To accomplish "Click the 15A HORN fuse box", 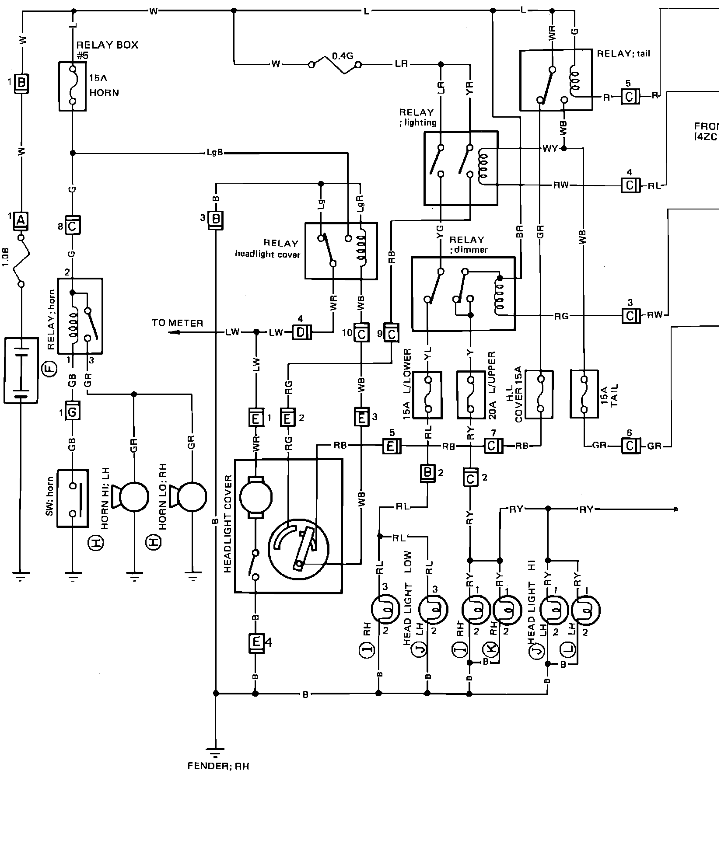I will pyautogui.click(x=72, y=86).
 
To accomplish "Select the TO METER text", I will pyautogui.click(x=177, y=323).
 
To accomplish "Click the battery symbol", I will pyautogui.click(x=20, y=370).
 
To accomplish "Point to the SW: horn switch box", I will pyautogui.click(x=73, y=499).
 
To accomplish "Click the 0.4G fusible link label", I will pyautogui.click(x=343, y=56).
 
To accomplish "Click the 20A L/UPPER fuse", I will pyautogui.click(x=470, y=394).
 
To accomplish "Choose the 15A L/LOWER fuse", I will pyautogui.click(x=427, y=394).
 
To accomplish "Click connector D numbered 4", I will pyautogui.click(x=301, y=333).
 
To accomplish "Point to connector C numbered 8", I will pyautogui.click(x=73, y=227).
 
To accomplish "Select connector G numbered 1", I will pyautogui.click(x=73, y=412).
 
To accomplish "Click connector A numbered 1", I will pyautogui.click(x=21, y=221).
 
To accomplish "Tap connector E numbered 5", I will pyautogui.click(x=390, y=446).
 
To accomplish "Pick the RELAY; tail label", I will pyautogui.click(x=623, y=54).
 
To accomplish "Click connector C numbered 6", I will pyautogui.click(x=630, y=446).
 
